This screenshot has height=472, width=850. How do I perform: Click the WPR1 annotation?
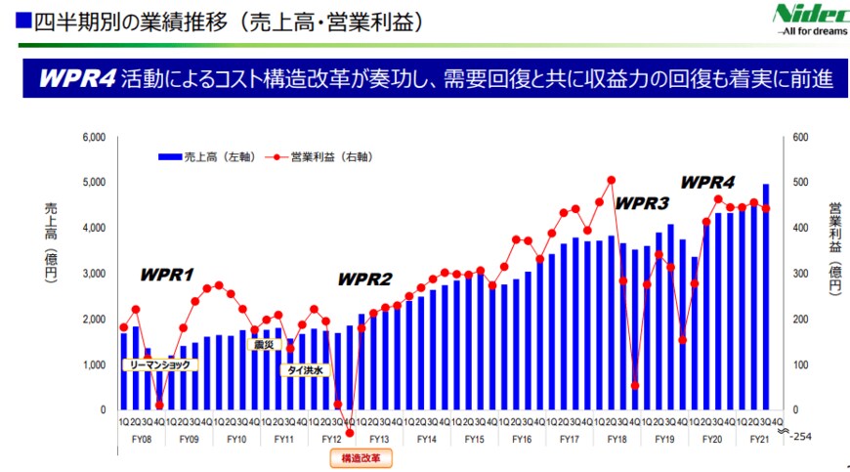click(167, 275)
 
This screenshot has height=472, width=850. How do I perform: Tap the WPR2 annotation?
click(364, 279)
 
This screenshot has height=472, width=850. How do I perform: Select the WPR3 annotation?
click(641, 203)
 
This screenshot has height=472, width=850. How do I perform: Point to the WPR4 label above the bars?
click(707, 183)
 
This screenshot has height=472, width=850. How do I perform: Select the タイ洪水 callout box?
click(307, 370)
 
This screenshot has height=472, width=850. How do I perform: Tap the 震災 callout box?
click(263, 344)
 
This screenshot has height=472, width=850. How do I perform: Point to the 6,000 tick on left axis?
click(92, 137)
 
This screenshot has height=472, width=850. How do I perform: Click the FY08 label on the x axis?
click(142, 440)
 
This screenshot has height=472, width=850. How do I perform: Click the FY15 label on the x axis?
click(473, 440)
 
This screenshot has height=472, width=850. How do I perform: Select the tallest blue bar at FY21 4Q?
click(766, 293)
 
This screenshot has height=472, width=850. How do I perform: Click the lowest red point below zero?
click(350, 433)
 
